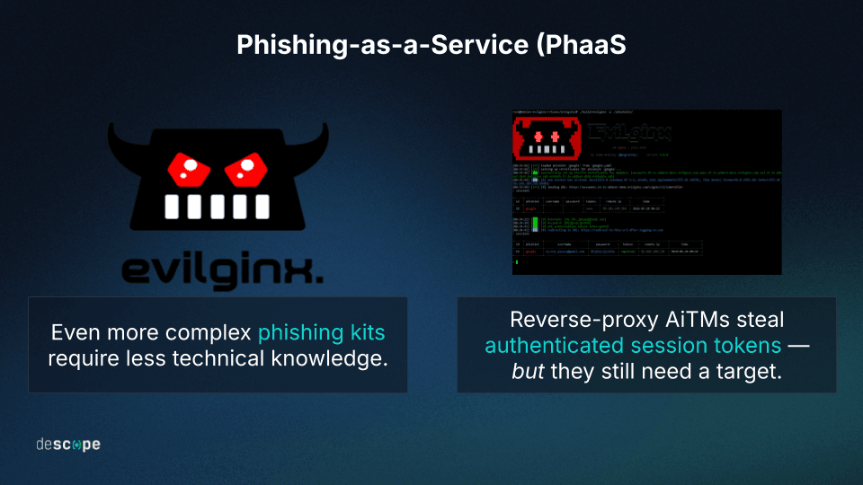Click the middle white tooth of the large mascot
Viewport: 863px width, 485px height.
(214, 207)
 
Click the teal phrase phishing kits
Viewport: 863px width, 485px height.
(322, 333)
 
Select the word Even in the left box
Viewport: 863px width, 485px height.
(72, 333)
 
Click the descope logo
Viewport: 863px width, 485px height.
(68, 445)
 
